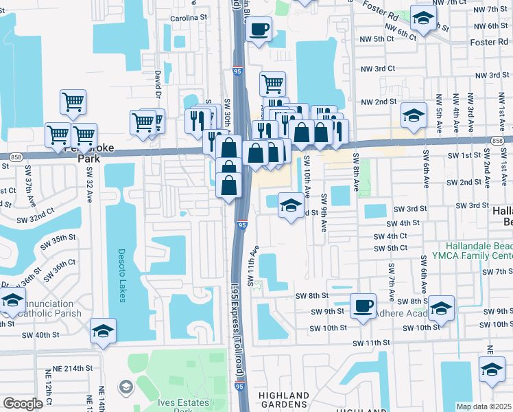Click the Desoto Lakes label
tap(122, 269)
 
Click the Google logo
tap(23, 404)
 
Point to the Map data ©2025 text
tap(484, 407)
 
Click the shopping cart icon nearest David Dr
tap(143, 122)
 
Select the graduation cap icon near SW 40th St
tap(103, 331)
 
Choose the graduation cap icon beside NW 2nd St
tap(414, 115)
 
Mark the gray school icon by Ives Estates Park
tap(126, 388)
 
